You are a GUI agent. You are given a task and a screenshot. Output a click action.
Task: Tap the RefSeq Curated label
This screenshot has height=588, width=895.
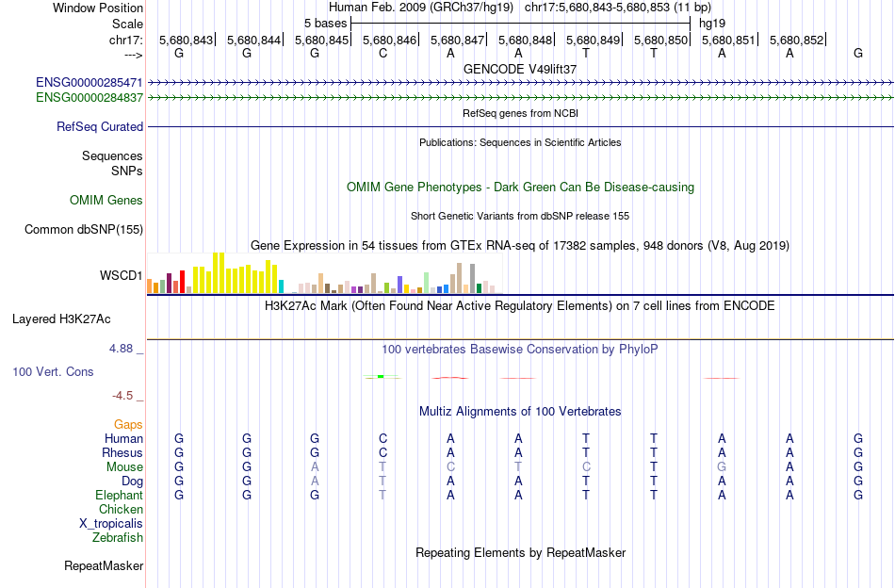[100, 126]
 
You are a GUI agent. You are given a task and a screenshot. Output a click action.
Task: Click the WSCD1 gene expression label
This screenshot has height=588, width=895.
[122, 276]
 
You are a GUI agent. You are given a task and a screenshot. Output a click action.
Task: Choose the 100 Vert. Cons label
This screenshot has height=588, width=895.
[53, 372]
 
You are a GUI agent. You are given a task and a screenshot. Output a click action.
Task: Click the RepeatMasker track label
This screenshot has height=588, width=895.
[104, 566]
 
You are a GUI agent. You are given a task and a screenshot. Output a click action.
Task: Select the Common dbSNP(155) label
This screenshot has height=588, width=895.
[84, 229]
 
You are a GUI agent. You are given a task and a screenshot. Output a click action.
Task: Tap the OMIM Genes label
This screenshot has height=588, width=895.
[106, 200]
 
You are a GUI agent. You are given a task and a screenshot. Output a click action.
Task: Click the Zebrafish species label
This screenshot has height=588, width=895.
[118, 538]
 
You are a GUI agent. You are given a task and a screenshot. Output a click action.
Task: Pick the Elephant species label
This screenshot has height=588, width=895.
[119, 495]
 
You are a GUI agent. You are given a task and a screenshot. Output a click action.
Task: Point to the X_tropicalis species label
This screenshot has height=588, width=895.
[111, 524]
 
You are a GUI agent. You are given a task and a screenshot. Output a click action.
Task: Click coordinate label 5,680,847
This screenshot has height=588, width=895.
[458, 41]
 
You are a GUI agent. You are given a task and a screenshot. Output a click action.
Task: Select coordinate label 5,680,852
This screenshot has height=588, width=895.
[797, 41]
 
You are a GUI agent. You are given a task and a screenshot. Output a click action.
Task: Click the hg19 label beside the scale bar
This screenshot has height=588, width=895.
[711, 21]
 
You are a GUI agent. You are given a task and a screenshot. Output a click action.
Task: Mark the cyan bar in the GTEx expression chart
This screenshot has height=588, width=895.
[281, 286]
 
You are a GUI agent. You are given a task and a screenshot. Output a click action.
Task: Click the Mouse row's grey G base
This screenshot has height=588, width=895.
[722, 466]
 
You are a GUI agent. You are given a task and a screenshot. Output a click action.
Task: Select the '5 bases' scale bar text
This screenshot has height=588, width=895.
[325, 21]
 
